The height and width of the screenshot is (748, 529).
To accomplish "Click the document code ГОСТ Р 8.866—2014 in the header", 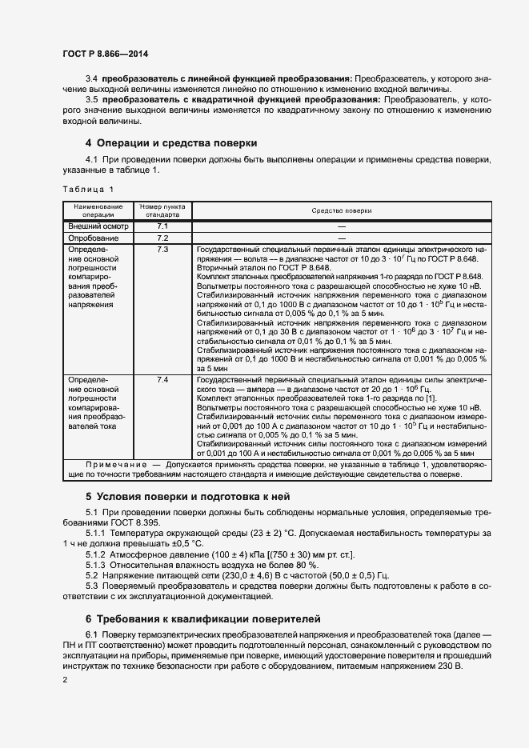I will tap(106, 54).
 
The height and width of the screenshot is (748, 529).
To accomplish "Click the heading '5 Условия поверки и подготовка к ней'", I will tap(187, 496).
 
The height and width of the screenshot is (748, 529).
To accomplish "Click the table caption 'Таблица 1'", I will tap(88, 189).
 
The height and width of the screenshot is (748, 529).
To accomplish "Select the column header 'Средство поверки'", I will tap(341, 210).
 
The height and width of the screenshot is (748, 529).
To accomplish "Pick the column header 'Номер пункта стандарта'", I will tap(162, 210).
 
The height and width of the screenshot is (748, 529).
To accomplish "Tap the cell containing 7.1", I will tap(162, 227).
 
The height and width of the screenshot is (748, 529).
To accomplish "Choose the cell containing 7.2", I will tap(162, 238).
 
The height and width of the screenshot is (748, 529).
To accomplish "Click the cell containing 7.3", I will tap(162, 250).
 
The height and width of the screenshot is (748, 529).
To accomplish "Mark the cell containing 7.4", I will tap(162, 379).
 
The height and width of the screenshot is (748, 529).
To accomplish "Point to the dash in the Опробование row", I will tap(341, 238).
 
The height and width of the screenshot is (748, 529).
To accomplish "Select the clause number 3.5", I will tap(91, 99).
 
